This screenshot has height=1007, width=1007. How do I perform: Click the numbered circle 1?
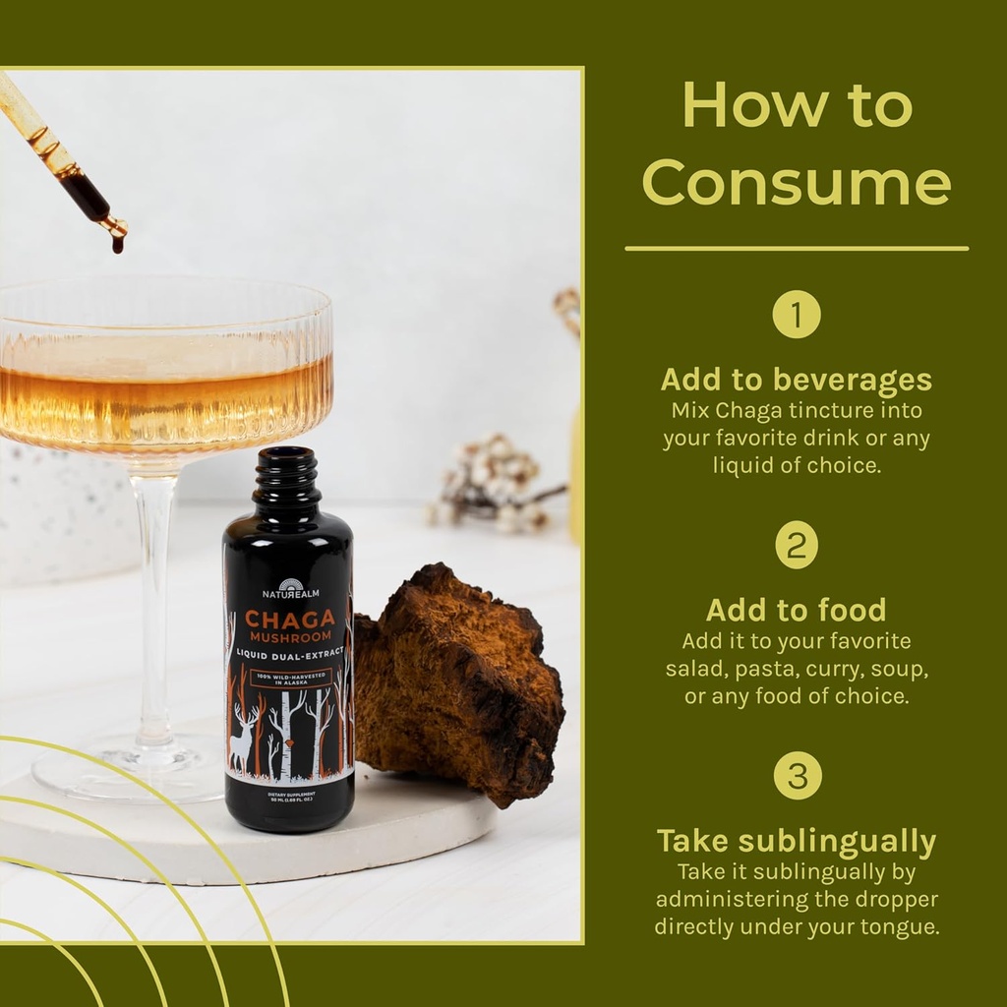796,316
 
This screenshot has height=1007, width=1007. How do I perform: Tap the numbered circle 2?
796,545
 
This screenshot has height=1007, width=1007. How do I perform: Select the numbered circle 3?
797,775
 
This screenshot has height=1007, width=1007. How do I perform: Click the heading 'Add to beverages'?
796,380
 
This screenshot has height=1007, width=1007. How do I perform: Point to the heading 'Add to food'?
796,610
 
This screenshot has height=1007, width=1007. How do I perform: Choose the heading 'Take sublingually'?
796,841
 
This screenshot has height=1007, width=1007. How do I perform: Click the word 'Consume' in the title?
797,182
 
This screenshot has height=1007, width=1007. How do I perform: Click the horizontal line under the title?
796,249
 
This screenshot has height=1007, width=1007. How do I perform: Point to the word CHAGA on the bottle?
289,619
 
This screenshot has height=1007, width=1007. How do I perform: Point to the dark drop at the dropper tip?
118,243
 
